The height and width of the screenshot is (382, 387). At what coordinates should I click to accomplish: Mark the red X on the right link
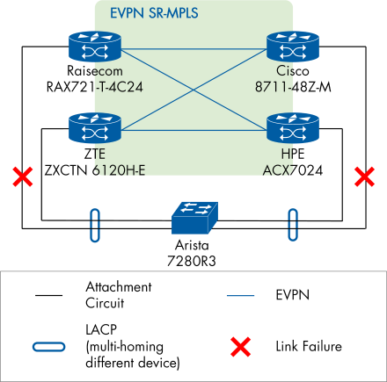pos(361,178)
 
